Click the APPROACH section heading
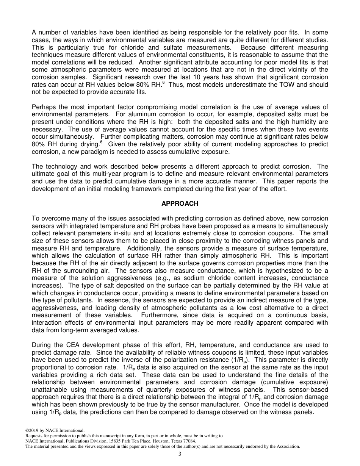[180, 203]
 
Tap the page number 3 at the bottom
[180, 454]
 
